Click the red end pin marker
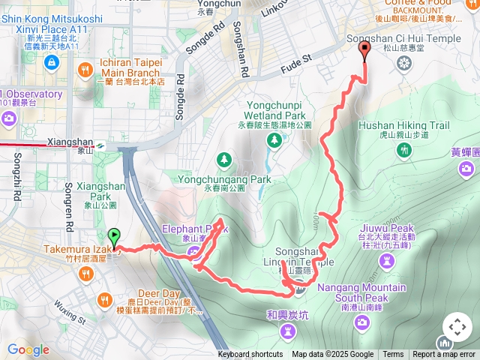click(365, 50)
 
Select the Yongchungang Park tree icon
click(223, 159)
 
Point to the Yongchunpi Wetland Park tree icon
click(274, 139)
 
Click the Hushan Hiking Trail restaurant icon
click(405, 150)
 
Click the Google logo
click(28, 349)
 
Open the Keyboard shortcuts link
click(250, 355)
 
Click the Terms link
click(393, 355)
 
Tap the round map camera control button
click(457, 328)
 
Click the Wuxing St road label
click(71, 310)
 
